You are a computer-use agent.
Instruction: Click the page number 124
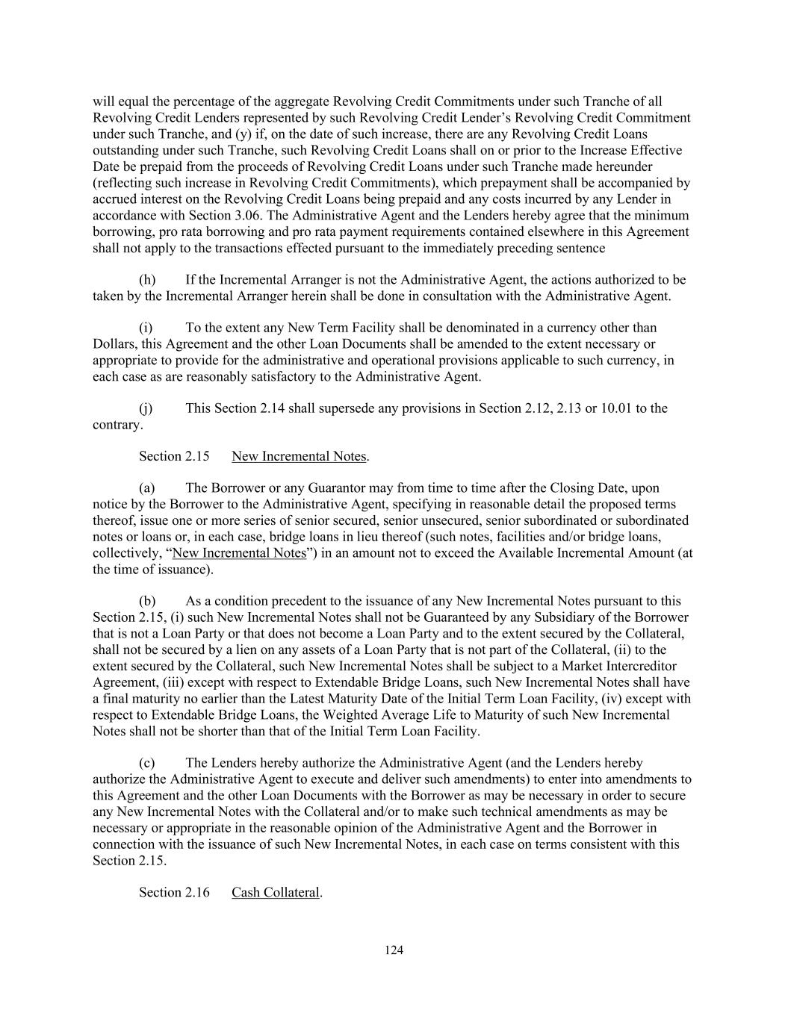coord(394,950)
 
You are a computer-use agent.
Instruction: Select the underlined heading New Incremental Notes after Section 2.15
coord(299,456)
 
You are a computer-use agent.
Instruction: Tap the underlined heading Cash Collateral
coord(275,892)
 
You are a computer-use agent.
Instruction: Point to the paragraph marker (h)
coord(148,280)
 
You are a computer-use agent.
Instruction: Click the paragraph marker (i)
coord(146,328)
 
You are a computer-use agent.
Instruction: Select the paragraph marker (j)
coord(146,408)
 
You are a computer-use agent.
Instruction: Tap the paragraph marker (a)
coord(147,488)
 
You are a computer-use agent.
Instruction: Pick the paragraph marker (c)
coord(147,763)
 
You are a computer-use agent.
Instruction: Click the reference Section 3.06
coord(203,215)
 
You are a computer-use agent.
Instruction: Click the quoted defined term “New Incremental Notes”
coord(240,553)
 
